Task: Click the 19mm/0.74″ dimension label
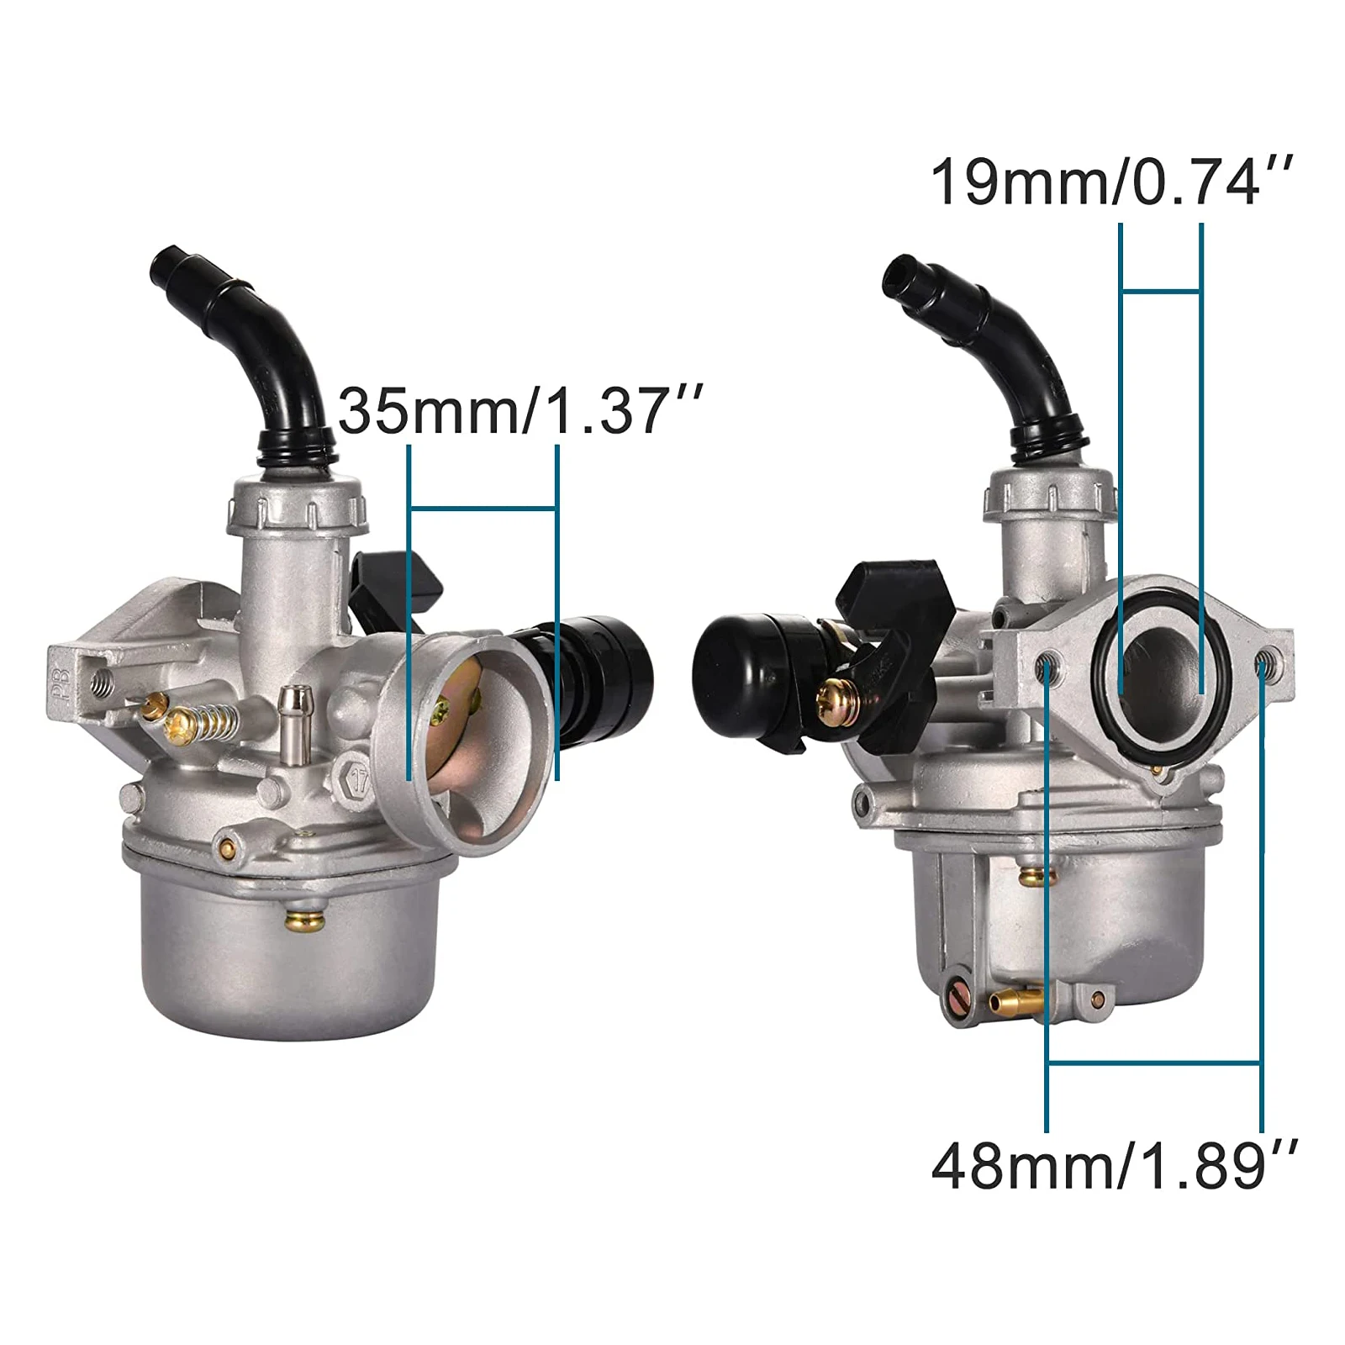1109,182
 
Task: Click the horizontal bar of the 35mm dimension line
482,508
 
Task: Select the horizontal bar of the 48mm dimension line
1154,1063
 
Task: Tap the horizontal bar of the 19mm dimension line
1161,291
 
